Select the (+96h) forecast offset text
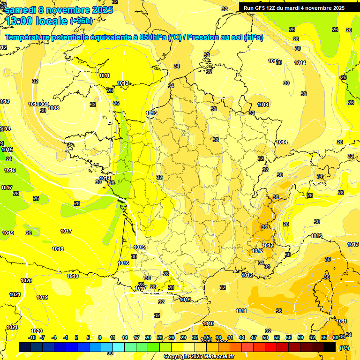pos(82,21)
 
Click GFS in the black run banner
pos(261,8)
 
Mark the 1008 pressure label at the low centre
pos(54,108)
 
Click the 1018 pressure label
pos(58,249)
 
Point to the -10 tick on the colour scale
pos(32,337)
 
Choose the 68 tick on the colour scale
pos(336,337)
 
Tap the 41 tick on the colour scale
pos(230,337)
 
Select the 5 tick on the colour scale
pos(88,337)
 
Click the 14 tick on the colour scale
pos(125,337)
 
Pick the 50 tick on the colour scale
pos(265,337)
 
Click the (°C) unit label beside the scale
pos(344,347)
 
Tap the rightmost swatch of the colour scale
pos(330,347)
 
